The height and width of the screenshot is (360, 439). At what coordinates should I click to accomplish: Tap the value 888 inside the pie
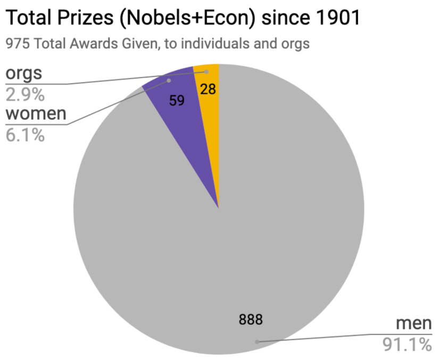pos(251,320)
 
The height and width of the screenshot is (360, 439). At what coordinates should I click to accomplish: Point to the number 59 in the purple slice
pos(177,100)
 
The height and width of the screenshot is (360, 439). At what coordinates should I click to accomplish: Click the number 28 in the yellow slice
pos(208,89)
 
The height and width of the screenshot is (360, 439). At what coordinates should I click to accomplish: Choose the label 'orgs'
pos(23,74)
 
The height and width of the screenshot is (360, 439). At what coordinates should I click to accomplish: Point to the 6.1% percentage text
pos(25,135)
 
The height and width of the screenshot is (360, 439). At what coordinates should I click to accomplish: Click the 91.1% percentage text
pos(407,345)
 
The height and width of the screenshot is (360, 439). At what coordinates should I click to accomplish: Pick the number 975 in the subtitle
pos(18,43)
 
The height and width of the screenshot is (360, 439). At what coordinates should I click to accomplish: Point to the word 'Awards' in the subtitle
pos(92,43)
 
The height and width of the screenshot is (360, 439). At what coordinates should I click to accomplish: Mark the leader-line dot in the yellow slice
pos(206,71)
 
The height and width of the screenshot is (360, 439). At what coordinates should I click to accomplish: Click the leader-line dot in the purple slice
pos(169,81)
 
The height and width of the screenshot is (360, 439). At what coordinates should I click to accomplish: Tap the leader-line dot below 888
pos(257,341)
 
